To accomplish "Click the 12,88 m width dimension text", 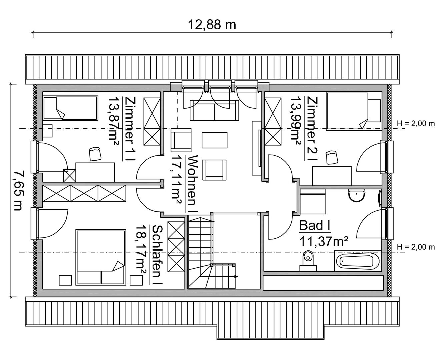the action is (x=212, y=25).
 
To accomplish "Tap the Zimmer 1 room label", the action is (x=129, y=129).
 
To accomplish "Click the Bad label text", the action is (x=315, y=226).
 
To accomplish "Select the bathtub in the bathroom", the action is (x=358, y=261).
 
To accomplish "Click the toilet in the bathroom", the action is (x=308, y=261).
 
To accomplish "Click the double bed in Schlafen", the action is (x=101, y=257).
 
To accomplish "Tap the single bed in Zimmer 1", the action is (x=71, y=108).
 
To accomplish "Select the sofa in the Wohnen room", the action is (x=214, y=110).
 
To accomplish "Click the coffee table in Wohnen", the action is (x=214, y=140).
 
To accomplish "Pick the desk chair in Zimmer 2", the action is (x=332, y=157).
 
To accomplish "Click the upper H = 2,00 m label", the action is (x=416, y=124).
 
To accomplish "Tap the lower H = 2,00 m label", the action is (x=416, y=247).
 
